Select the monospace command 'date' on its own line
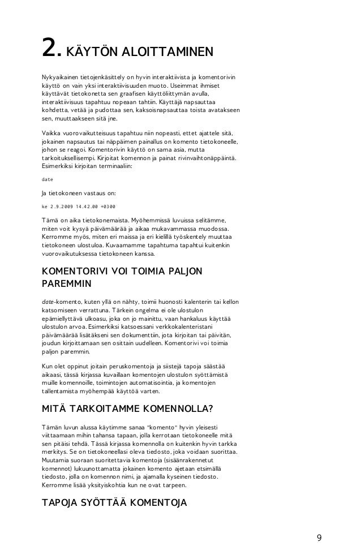[48, 179]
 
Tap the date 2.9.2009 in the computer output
[66, 206]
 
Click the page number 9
[319, 537]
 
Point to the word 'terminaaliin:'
[112, 167]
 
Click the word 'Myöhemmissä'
[152, 219]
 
